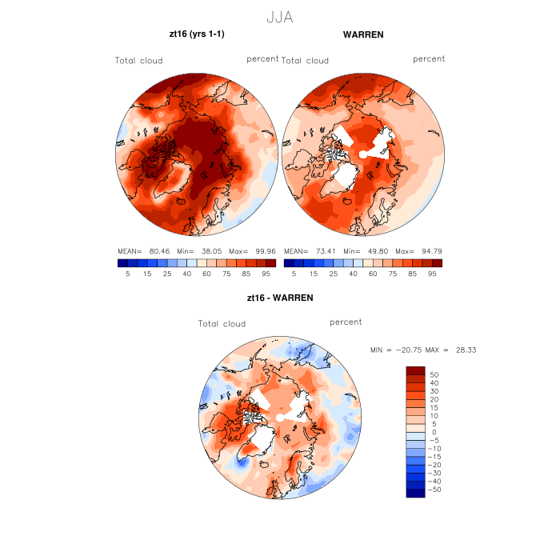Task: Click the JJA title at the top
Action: click(279, 17)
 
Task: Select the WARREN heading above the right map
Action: click(363, 35)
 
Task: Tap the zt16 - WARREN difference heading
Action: click(280, 298)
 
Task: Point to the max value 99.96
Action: click(260, 250)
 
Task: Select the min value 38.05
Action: click(210, 250)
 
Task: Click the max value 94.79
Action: click(426, 250)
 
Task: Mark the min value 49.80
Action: click(376, 250)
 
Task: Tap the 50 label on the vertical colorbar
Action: click(435, 374)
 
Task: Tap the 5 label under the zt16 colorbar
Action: click(127, 274)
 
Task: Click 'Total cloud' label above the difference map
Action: click(222, 324)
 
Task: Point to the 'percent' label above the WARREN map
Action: click(429, 59)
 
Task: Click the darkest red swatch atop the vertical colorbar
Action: click(415, 370)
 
